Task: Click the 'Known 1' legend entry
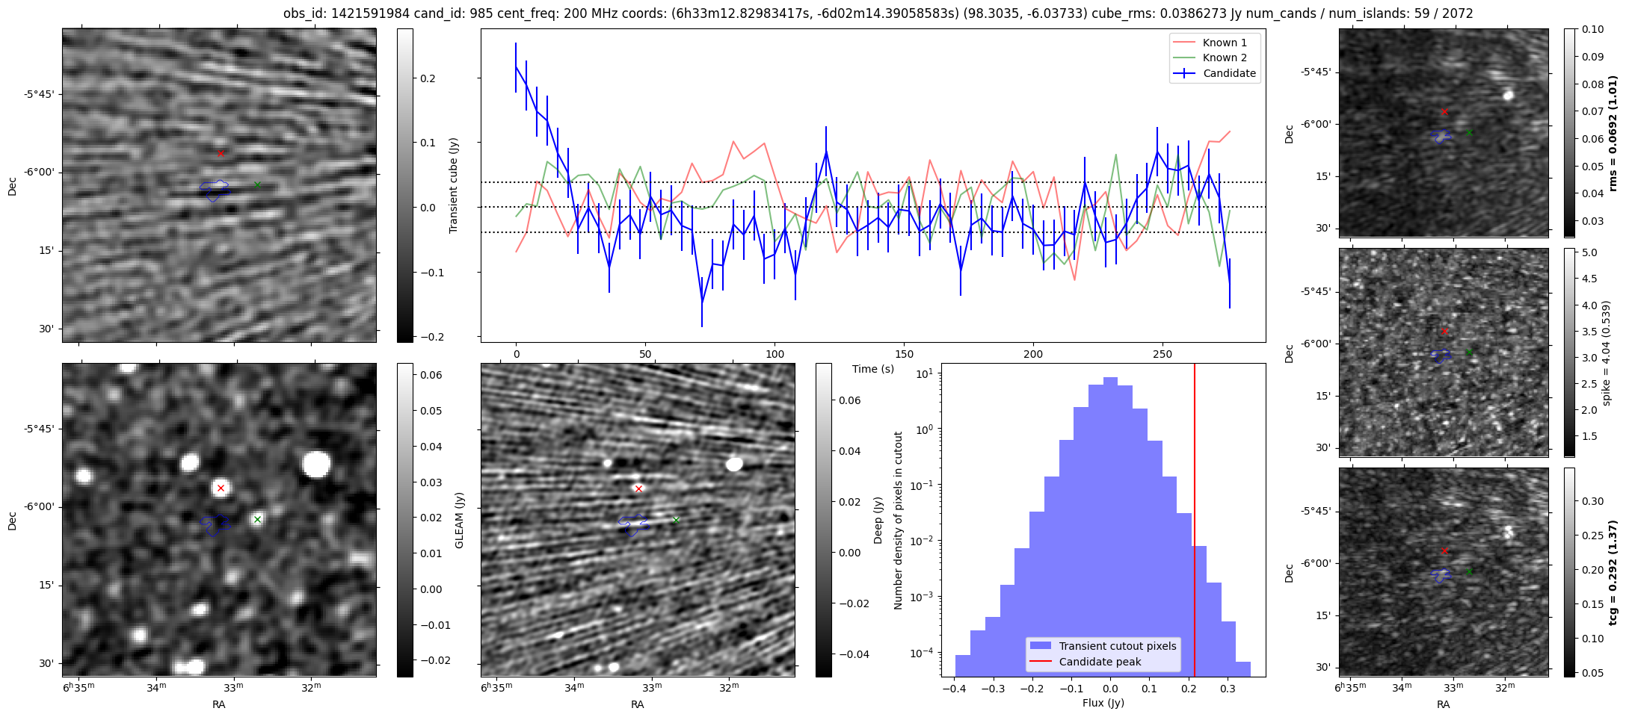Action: point(1224,43)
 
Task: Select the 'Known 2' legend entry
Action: point(1224,58)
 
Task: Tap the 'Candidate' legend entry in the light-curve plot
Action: point(1229,73)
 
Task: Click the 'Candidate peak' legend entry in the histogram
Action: point(1100,662)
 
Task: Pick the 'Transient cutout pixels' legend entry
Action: point(1117,646)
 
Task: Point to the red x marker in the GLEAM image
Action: point(221,488)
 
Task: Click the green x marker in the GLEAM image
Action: point(257,519)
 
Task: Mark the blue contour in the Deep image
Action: point(632,525)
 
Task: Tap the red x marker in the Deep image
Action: point(638,488)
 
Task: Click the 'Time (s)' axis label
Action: point(873,369)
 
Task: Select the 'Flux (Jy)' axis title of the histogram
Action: point(1103,703)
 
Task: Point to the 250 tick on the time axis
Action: point(1162,354)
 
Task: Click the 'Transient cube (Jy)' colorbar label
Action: point(454,185)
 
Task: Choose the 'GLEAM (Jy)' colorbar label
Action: point(460,520)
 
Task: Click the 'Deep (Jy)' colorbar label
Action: point(878,520)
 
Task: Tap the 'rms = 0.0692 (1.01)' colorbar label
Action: point(1613,133)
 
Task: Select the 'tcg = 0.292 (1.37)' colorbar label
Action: point(1613,572)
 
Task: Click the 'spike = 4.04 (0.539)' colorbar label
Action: point(1607,353)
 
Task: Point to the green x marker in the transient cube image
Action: point(257,184)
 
